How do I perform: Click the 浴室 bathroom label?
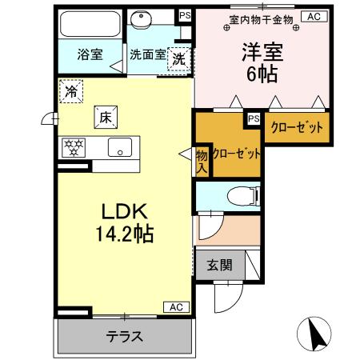90,55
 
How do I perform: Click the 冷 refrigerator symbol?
70,91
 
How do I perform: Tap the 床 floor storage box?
105,117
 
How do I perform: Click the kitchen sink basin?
122,147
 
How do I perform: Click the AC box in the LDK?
177,306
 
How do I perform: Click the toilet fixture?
238,195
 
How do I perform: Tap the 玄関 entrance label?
219,264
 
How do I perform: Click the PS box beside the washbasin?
186,15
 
